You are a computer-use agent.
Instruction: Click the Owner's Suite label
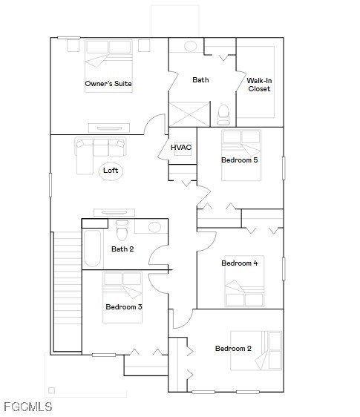(x=108, y=84)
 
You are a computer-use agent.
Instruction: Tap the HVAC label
(x=181, y=147)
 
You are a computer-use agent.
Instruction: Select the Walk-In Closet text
(x=259, y=85)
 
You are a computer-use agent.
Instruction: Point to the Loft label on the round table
(x=111, y=170)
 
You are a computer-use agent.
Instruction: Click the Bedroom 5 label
(x=240, y=160)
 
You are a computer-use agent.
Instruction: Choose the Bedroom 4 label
(x=240, y=263)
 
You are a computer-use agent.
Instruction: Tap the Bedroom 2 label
(x=233, y=349)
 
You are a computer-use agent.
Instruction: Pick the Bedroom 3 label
(x=124, y=306)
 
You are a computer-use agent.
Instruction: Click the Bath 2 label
(x=122, y=249)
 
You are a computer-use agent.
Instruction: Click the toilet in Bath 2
(x=122, y=230)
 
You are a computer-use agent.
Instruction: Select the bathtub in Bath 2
(x=92, y=248)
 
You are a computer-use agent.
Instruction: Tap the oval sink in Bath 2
(x=154, y=227)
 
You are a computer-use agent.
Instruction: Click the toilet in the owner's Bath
(x=223, y=114)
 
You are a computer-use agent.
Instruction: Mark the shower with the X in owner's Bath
(x=189, y=114)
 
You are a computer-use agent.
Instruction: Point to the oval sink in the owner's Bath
(x=191, y=46)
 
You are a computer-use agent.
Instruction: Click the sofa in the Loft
(x=99, y=155)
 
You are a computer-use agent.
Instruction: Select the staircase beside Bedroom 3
(x=68, y=292)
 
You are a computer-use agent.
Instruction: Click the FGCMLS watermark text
(x=28, y=407)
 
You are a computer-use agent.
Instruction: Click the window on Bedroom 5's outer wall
(x=284, y=168)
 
